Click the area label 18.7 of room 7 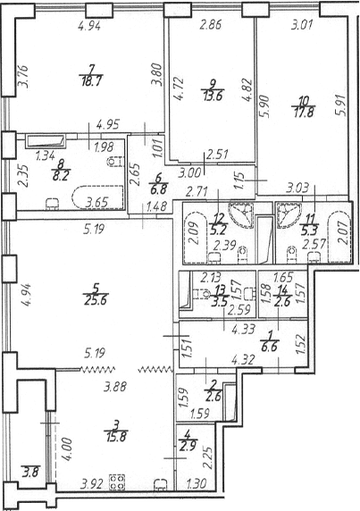[91, 81]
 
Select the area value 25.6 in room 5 [96, 300]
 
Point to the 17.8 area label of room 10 [303, 113]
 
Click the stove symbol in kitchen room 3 [117, 482]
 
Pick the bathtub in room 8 [97, 197]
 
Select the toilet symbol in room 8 [116, 161]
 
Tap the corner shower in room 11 [288, 214]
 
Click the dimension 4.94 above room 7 [89, 25]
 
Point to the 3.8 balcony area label [31, 472]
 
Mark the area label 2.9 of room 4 [188, 446]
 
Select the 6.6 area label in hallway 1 [269, 347]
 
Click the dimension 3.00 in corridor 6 [190, 172]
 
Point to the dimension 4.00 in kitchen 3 [66, 448]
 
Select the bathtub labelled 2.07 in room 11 [339, 237]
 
